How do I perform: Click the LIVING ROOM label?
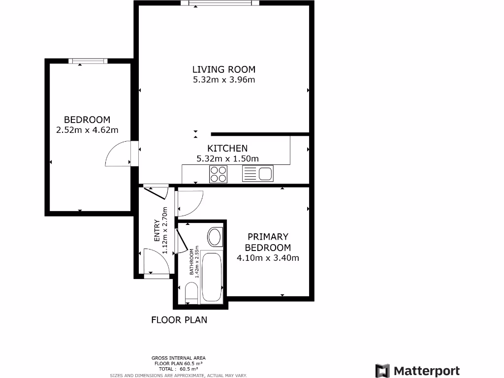click(223, 69)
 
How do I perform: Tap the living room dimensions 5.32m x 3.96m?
click(223, 80)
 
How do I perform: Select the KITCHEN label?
click(227, 148)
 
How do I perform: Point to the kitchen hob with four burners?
click(219, 173)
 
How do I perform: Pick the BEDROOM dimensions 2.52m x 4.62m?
click(87, 130)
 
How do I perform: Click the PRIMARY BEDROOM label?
click(268, 242)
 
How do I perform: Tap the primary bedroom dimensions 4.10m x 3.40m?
click(268, 257)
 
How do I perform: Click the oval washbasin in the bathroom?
click(215, 237)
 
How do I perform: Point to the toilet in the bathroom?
click(191, 294)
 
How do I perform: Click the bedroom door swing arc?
click(117, 154)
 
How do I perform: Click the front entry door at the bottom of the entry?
click(157, 262)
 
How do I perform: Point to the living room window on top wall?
click(220, 3)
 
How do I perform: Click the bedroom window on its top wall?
click(88, 61)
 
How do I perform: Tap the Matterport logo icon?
click(382, 371)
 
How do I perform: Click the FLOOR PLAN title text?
click(179, 320)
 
